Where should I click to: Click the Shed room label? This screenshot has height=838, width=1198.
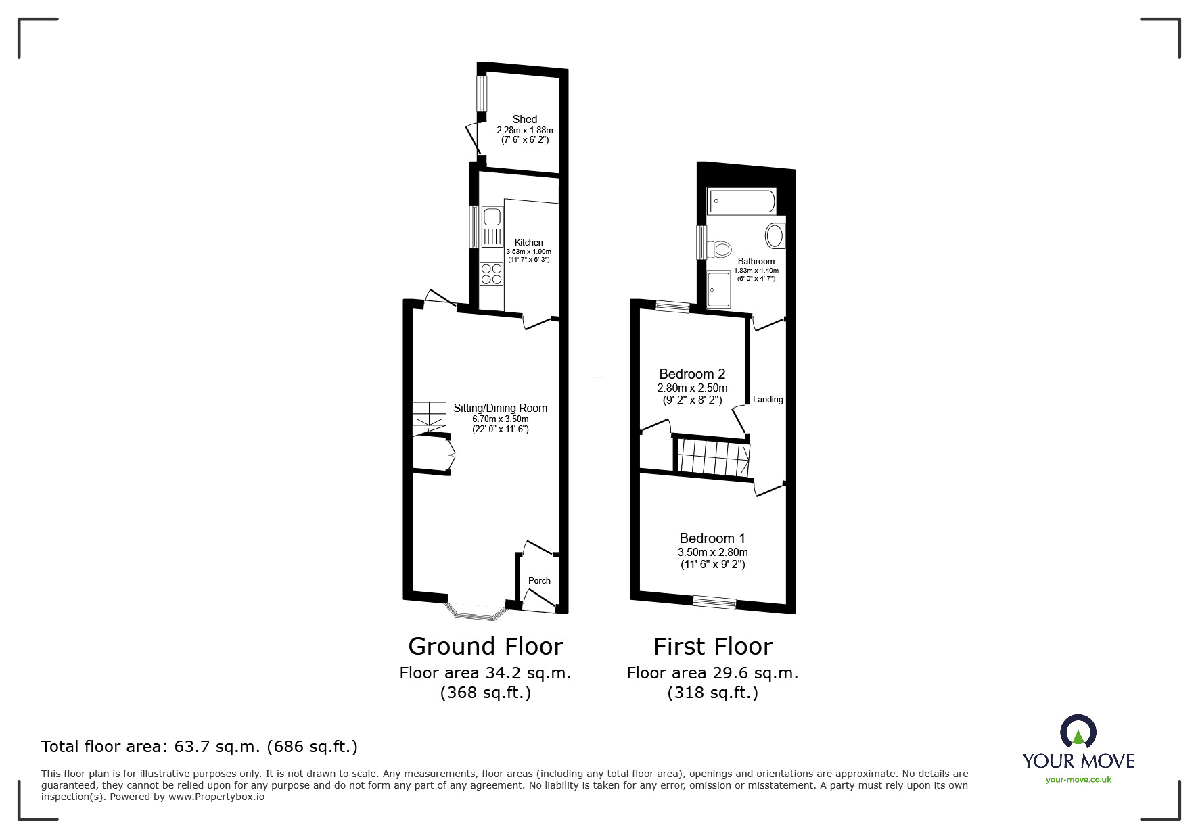[524, 119]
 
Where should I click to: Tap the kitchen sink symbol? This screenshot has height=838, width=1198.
[491, 217]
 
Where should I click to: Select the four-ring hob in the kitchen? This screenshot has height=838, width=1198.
[492, 274]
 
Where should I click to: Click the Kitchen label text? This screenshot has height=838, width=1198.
[528, 242]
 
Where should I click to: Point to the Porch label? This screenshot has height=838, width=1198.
[539, 580]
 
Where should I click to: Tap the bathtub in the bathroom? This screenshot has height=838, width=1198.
[741, 201]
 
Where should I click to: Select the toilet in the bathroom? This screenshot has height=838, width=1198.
[720, 248]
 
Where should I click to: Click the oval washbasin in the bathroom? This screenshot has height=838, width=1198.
[775, 236]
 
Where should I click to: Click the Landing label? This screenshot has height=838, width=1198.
[768, 399]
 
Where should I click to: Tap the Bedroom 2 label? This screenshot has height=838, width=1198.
[692, 374]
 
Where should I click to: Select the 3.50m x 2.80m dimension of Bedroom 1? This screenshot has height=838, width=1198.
[712, 552]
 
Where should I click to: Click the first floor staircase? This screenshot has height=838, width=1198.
[712, 457]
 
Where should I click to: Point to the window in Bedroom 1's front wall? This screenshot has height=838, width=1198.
[714, 602]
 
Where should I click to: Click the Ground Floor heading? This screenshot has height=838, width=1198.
[485, 646]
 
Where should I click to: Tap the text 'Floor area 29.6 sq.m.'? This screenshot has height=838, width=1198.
[712, 673]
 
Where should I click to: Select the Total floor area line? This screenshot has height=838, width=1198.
[200, 747]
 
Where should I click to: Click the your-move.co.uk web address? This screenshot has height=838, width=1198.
[1078, 779]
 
